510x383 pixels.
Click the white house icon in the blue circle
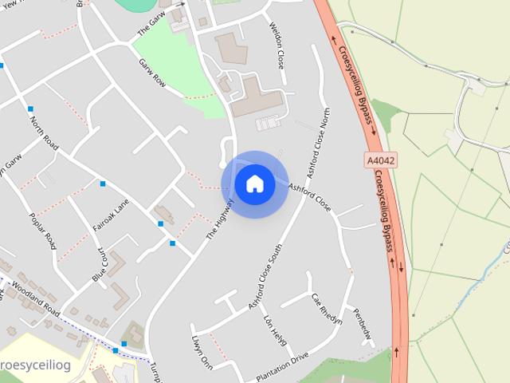click(255, 184)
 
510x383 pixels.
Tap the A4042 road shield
click(382, 160)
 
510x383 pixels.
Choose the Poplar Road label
click(42, 231)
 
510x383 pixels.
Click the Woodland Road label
click(36, 296)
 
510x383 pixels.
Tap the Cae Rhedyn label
click(327, 309)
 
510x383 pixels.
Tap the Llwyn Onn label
click(202, 352)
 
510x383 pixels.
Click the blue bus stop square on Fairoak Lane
click(103, 184)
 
